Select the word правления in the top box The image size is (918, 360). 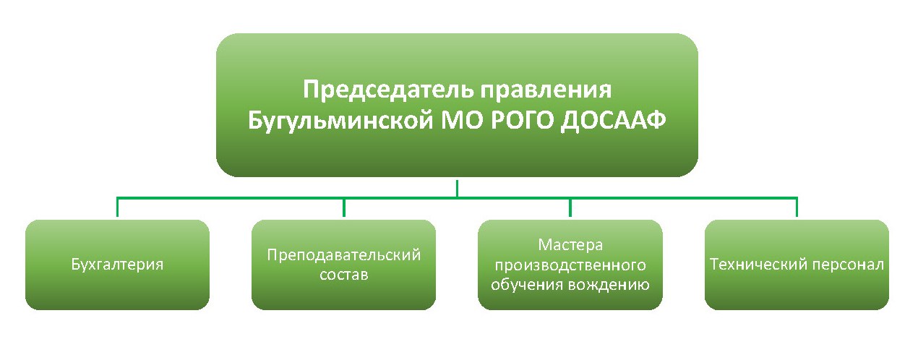(x=546, y=90)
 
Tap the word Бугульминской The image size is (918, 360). (x=340, y=121)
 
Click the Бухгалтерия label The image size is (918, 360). (x=117, y=265)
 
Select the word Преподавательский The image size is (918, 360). (x=344, y=255)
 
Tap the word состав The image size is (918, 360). (x=344, y=275)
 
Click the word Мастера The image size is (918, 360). (x=570, y=245)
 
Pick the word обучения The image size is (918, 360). (x=526, y=285)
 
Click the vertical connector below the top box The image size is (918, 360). (x=457, y=188)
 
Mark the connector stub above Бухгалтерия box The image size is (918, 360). (x=117, y=207)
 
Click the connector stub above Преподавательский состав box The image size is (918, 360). (x=344, y=207)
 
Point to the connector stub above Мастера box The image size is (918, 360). (x=570, y=207)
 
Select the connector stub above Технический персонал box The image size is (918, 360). (x=797, y=207)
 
